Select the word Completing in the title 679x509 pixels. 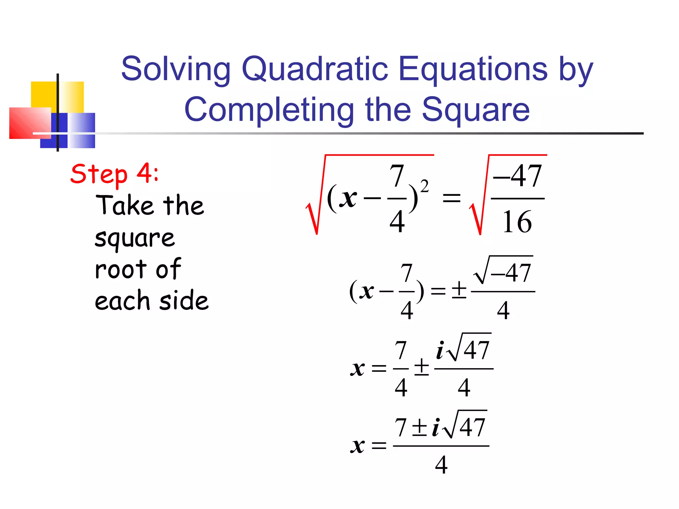[x=269, y=110]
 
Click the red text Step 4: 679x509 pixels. [x=115, y=174]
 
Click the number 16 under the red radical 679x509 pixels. [x=517, y=222]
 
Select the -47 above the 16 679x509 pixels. [x=518, y=176]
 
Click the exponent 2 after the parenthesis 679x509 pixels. [x=424, y=186]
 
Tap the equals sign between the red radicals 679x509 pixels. [x=452, y=198]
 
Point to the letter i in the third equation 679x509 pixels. [x=440, y=351]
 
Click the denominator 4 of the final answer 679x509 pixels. [x=441, y=465]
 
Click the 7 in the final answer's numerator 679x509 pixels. [x=401, y=427]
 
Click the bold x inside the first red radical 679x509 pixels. [x=348, y=198]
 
